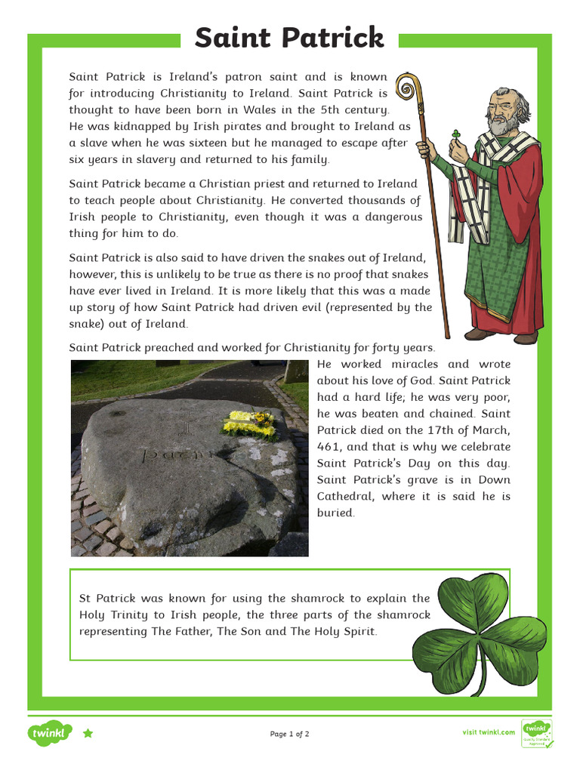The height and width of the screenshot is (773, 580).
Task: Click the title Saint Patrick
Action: (x=289, y=38)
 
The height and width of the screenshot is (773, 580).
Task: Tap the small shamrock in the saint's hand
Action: (x=456, y=134)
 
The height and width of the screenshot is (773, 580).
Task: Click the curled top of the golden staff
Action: (x=408, y=89)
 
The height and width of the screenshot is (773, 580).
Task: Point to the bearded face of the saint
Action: (x=501, y=113)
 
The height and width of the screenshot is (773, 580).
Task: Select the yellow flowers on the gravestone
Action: (x=248, y=423)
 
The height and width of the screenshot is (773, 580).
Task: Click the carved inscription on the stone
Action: (x=174, y=454)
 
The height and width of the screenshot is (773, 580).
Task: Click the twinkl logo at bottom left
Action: (x=50, y=733)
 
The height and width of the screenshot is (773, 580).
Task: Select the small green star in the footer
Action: (x=88, y=733)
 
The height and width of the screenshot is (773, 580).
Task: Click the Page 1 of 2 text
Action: (x=289, y=734)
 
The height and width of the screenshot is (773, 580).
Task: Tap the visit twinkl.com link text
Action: (x=489, y=732)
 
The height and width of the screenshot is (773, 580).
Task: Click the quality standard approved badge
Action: (x=537, y=734)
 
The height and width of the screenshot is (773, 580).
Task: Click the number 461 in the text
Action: (x=329, y=447)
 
